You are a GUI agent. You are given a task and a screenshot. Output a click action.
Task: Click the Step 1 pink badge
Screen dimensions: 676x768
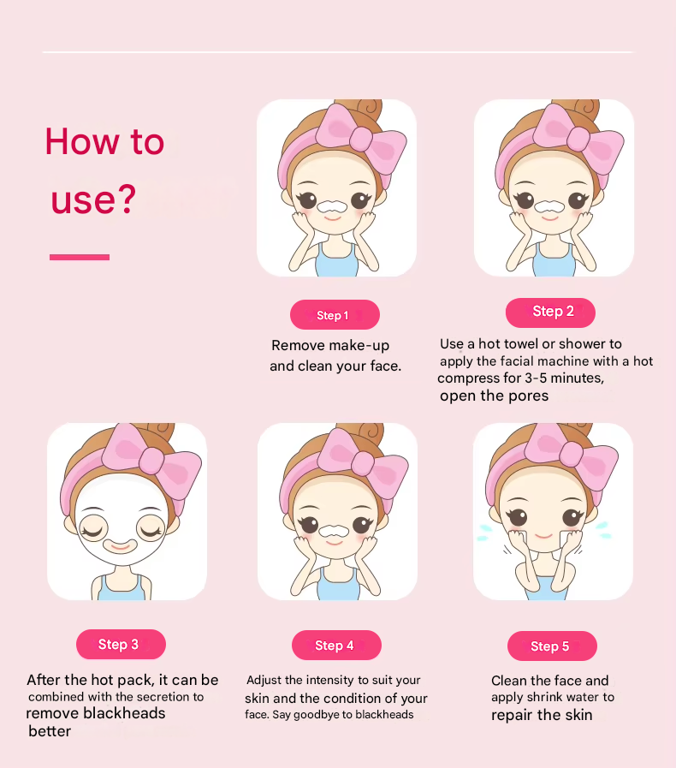click(335, 314)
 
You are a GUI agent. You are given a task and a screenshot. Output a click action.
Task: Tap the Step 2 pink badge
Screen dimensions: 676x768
click(550, 313)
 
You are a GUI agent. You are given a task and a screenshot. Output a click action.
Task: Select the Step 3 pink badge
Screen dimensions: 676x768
click(121, 644)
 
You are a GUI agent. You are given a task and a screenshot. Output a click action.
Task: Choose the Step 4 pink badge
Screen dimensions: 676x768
click(336, 645)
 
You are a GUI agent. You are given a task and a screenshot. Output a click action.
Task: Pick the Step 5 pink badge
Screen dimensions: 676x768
click(552, 646)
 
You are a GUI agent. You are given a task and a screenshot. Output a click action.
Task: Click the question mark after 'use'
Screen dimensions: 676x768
click(127, 198)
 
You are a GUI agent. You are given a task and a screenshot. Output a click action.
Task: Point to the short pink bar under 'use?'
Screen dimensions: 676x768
click(80, 257)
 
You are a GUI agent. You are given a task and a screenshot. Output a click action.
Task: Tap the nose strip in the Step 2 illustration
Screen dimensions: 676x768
click(550, 205)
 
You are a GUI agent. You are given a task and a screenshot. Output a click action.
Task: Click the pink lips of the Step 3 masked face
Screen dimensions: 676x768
click(121, 545)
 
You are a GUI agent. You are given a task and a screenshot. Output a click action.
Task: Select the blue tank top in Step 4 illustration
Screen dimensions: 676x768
click(338, 586)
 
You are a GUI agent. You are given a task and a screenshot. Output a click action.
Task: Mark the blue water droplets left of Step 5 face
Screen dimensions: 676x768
click(484, 533)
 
